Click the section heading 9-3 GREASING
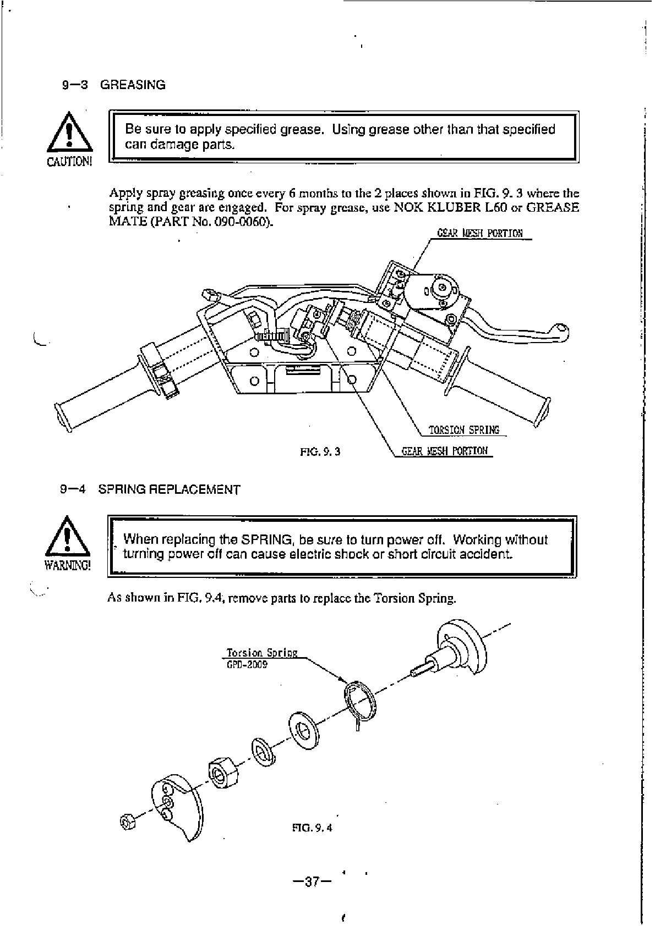pos(113,85)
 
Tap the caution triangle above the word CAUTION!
pos(68,134)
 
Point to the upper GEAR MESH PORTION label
pos(479,233)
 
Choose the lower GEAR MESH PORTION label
pos(445,451)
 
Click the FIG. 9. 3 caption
pos(320,451)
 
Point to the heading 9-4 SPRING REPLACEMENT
pos(150,489)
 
